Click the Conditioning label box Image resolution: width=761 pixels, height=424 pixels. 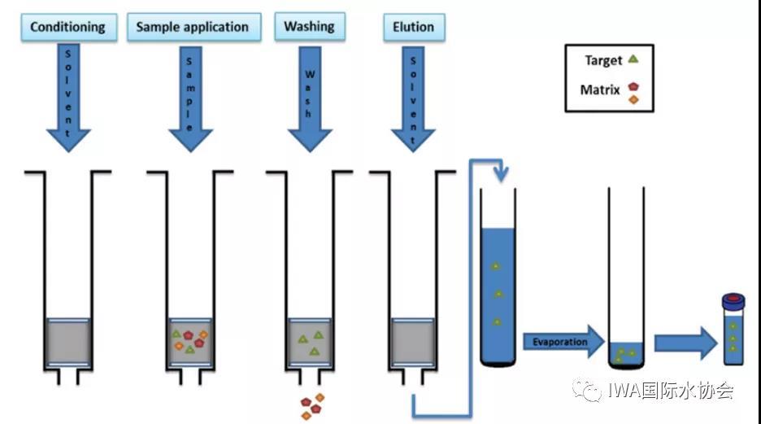click(x=67, y=27)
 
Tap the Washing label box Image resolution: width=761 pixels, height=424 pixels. click(x=309, y=26)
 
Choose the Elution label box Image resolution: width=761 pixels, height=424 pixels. click(x=413, y=27)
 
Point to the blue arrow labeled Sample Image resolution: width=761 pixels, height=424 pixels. click(x=189, y=98)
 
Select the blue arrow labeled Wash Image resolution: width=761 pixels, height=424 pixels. click(x=309, y=98)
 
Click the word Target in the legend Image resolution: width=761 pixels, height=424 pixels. click(x=602, y=60)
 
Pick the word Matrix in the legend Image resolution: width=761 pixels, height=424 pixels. click(x=600, y=90)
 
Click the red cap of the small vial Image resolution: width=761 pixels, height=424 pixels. click(x=733, y=299)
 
